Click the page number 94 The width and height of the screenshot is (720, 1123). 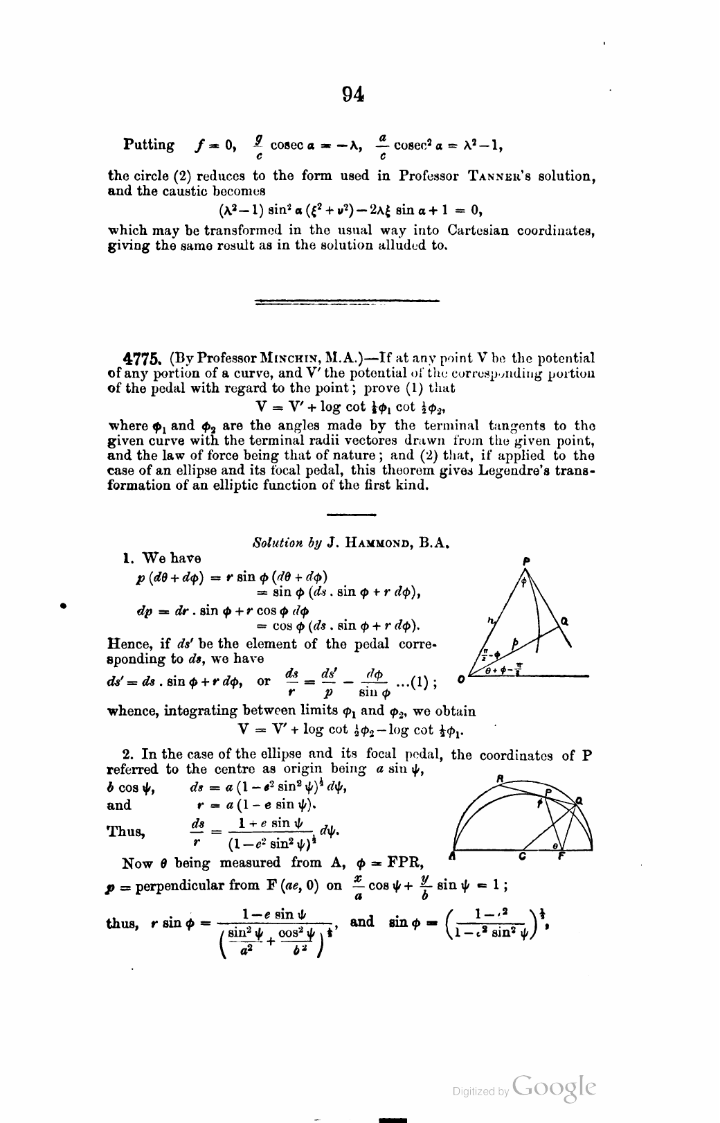point(353,95)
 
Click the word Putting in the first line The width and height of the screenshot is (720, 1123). point(149,145)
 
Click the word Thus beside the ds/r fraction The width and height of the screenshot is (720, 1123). point(126,831)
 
